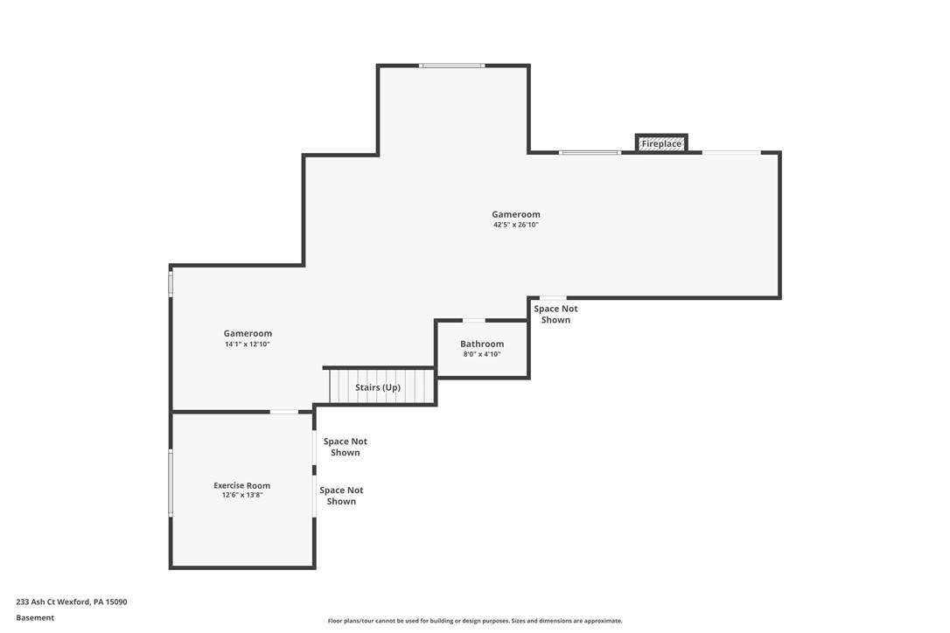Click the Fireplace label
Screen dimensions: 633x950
661,143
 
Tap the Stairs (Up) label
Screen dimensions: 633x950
378,387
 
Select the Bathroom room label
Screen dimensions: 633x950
482,344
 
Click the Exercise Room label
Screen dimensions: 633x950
242,485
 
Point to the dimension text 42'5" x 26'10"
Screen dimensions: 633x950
515,225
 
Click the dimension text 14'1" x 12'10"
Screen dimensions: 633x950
248,344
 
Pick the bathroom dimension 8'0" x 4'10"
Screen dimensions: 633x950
482,354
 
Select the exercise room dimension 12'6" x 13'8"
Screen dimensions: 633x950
242,495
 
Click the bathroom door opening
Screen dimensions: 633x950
473,320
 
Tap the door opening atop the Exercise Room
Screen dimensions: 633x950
283,412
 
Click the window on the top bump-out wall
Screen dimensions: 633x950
451,66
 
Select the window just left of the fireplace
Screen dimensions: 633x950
590,153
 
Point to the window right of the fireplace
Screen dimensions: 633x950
731,153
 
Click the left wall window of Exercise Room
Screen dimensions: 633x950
171,483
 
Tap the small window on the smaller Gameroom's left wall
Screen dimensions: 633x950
171,284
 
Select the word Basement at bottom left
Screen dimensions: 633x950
35,617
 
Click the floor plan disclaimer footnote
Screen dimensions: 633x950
475,621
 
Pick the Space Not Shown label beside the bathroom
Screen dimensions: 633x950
555,314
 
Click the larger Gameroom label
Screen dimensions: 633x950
515,214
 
